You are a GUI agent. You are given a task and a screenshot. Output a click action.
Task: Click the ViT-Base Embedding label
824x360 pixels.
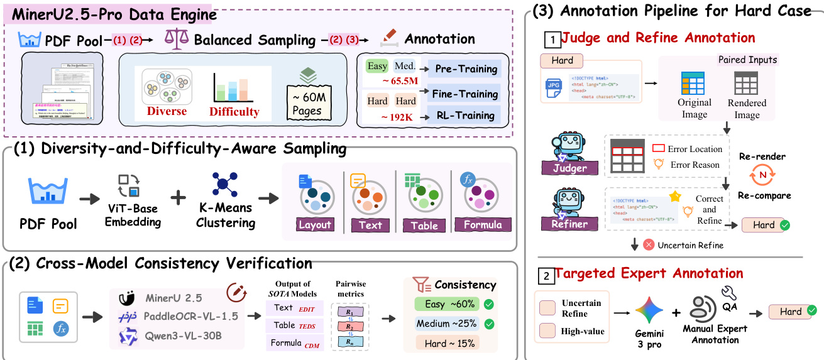pyautogui.click(x=132, y=215)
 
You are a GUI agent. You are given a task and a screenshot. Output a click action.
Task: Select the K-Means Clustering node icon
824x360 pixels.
pyautogui.click(x=224, y=187)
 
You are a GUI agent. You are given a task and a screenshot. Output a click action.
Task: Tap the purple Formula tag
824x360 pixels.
pyautogui.click(x=482, y=225)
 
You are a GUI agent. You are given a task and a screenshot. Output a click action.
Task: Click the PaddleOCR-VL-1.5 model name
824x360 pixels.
pyautogui.click(x=190, y=315)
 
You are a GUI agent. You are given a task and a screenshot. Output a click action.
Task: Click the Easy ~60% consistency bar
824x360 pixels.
pyautogui.click(x=446, y=304)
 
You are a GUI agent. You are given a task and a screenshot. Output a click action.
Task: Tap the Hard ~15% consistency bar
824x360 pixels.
pyautogui.click(x=446, y=342)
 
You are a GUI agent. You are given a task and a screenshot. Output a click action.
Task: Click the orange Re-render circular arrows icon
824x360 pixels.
pyautogui.click(x=762, y=174)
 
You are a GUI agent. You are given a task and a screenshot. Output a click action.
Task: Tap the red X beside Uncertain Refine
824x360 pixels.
pyautogui.click(x=649, y=244)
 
